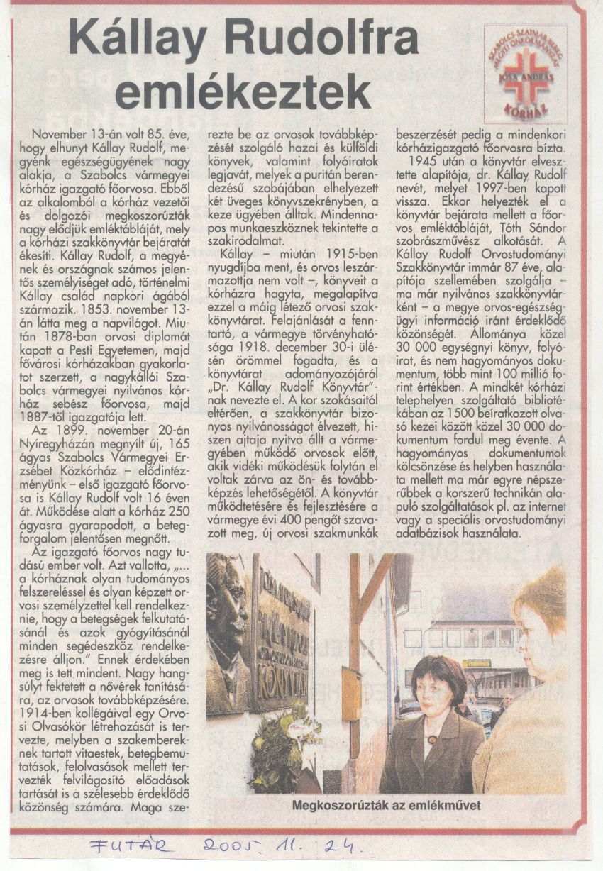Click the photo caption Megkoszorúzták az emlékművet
click(x=386, y=805)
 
